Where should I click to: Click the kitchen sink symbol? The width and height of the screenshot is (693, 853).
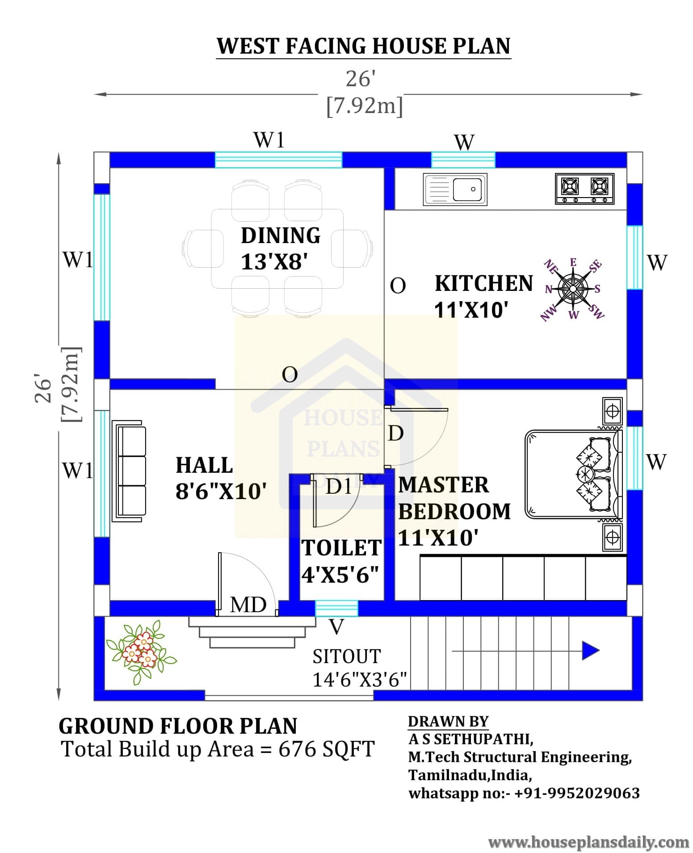click(455, 189)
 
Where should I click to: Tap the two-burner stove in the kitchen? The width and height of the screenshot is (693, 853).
click(584, 189)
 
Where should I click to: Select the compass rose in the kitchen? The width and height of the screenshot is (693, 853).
click(573, 289)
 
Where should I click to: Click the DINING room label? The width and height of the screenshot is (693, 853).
click(281, 235)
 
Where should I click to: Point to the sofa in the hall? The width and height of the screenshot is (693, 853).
click(130, 471)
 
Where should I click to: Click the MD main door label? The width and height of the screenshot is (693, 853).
click(248, 605)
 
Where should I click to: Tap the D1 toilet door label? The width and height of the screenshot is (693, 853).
click(338, 486)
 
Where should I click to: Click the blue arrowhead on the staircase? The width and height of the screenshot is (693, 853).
click(590, 651)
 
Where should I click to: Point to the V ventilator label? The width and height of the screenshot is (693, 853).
click(336, 627)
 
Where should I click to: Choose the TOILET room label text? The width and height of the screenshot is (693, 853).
click(341, 548)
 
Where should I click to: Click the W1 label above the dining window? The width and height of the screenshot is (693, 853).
click(269, 140)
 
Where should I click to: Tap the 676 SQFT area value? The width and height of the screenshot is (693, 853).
click(326, 749)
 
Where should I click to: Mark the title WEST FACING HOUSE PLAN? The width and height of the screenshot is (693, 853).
click(363, 46)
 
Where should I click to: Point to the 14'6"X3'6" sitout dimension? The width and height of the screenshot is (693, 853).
click(359, 680)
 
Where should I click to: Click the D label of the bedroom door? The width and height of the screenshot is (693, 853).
click(396, 433)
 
